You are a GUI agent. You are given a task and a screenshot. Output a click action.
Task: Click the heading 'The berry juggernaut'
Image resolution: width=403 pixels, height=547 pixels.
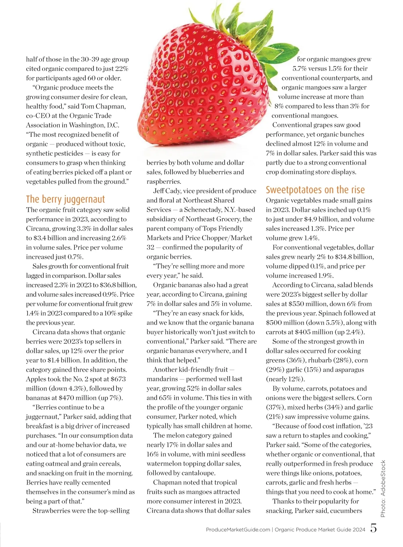[x=65, y=199]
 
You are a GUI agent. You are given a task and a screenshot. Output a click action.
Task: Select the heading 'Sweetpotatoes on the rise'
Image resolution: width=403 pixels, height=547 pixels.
[x=315, y=190]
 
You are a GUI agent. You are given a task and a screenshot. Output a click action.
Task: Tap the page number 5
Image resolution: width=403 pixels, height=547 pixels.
[x=373, y=528]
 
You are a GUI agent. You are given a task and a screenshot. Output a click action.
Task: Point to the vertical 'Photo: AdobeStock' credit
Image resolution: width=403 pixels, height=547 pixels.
[x=383, y=488]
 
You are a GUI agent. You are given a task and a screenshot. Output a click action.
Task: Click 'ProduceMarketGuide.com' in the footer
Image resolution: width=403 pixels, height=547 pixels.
[x=238, y=530]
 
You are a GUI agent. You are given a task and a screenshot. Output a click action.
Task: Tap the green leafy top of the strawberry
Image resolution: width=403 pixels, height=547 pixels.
[x=235, y=24]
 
